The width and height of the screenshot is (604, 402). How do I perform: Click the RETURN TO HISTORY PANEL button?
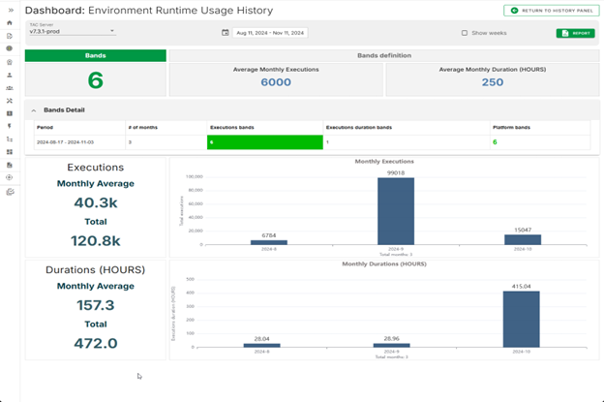550,10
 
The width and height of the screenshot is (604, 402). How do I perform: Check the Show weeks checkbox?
465,33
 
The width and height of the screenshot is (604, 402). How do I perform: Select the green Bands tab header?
95,55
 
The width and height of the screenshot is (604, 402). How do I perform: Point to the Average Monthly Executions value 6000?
276,83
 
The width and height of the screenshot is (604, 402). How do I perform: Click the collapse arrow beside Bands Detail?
34,109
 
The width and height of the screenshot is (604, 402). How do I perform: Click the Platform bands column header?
511,127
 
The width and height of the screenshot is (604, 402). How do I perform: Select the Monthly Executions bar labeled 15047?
523,239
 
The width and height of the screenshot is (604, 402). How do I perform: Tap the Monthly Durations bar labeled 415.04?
523,319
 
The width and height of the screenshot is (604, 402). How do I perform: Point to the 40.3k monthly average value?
95,203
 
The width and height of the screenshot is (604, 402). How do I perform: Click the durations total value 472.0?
95,343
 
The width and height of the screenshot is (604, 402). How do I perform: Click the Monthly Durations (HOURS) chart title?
384,263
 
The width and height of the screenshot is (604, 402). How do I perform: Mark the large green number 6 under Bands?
95,80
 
